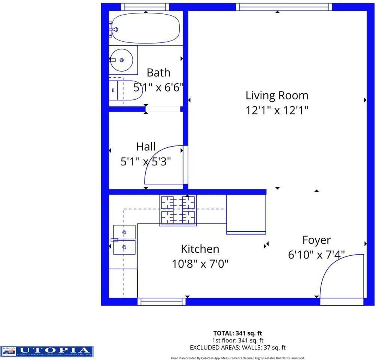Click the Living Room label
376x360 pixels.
[277, 95]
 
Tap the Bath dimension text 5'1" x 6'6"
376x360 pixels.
[158, 87]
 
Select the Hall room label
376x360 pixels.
[146, 146]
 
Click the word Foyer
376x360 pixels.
[316, 240]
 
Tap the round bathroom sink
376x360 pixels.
[122, 60]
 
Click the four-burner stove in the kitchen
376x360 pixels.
[178, 210]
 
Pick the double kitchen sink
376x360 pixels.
[124, 240]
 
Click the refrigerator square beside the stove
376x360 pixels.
[246, 214]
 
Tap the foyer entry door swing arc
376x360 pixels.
[339, 276]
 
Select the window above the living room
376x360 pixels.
[284, 7]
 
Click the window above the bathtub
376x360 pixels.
[145, 7]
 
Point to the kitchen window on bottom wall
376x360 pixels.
[161, 301]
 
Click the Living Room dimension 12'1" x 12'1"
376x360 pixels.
[277, 111]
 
